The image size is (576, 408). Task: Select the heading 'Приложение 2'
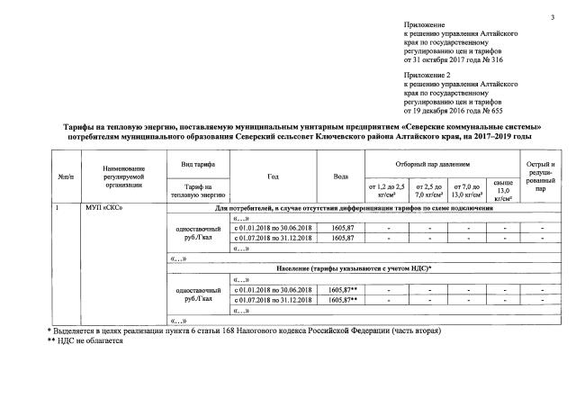pos(428,78)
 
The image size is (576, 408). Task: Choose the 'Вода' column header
pos(341,176)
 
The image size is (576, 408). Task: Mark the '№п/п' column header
pos(65,176)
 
